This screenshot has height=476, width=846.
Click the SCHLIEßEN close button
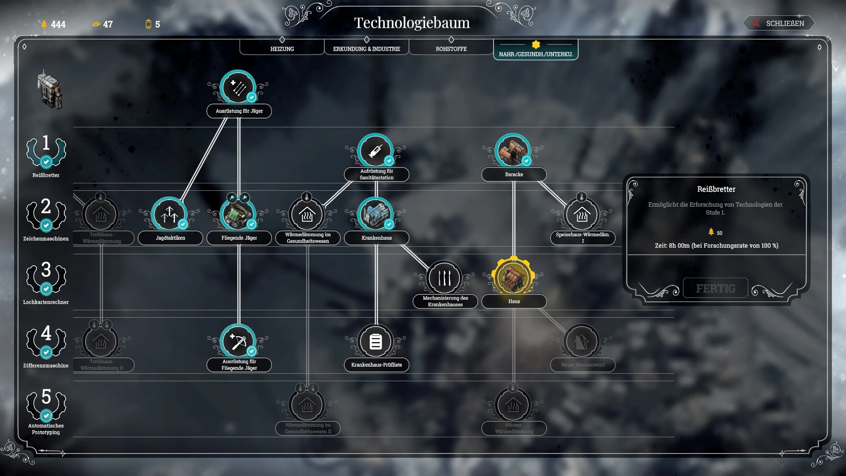point(779,23)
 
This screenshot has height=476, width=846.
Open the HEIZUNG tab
point(282,48)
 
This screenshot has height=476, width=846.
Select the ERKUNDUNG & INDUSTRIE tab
point(367,48)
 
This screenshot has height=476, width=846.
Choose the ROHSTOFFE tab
point(451,48)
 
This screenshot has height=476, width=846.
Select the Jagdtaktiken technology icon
point(170,214)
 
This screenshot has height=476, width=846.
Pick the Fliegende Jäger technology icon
point(238,214)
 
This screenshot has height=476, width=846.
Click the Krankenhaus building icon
point(376,214)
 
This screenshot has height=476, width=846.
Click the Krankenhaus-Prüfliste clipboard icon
point(376,341)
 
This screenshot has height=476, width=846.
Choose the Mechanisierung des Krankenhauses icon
point(445,278)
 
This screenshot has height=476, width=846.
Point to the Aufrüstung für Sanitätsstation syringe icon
point(376,151)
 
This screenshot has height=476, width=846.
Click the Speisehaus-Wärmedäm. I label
point(583,238)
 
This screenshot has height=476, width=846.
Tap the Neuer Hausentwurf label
point(583,364)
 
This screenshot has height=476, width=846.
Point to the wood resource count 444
point(58,25)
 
